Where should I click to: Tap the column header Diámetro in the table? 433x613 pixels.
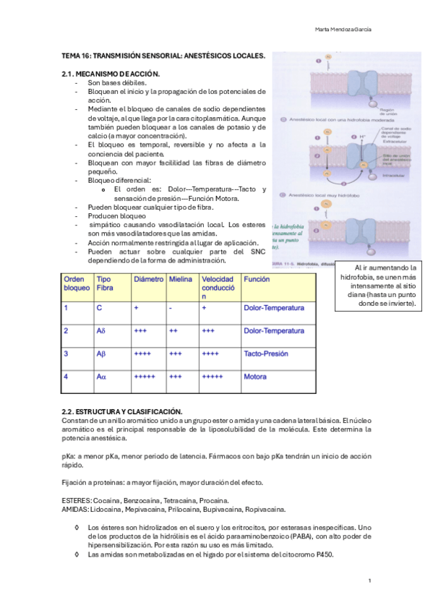pos(149,279)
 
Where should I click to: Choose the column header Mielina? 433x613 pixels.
pos(181,279)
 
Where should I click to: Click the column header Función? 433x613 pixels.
pos(257,279)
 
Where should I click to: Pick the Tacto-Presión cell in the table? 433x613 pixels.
pos(266,354)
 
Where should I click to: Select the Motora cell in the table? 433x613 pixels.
pos(255,377)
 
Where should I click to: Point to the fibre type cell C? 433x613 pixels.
pos(99,308)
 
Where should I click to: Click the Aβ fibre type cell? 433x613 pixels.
pos(101,354)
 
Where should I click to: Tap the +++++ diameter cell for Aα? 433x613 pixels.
pos(145,377)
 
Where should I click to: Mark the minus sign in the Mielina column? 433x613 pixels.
pos(171,308)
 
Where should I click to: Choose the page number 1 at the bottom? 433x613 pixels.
pos(369,580)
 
